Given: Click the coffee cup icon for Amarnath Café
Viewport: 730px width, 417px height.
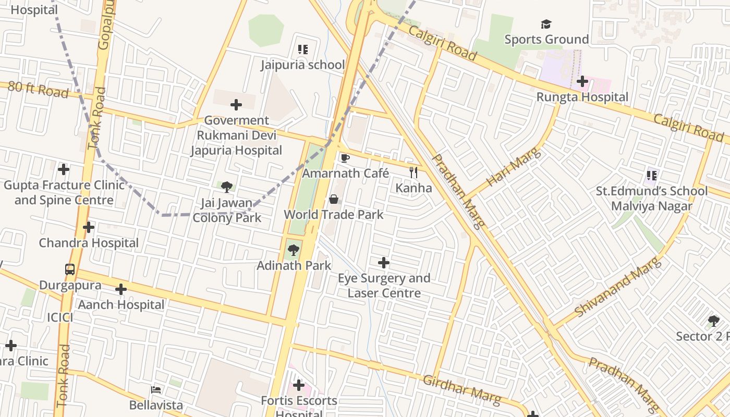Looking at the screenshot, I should click(344, 158).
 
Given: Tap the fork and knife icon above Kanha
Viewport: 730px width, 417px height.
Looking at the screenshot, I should click(413, 172).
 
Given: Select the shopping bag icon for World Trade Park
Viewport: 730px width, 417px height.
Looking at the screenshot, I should click(334, 199).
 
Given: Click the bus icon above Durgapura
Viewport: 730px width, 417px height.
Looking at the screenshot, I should click(70, 269).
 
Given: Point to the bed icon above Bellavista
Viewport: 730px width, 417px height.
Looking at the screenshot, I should click(156, 389).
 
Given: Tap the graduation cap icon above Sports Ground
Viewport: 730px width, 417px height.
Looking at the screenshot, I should click(546, 24).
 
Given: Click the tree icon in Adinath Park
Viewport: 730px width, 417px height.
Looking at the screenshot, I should click(294, 250).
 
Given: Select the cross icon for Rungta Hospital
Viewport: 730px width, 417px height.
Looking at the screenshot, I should click(582, 81).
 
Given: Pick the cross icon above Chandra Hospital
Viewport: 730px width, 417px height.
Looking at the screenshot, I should click(89, 227).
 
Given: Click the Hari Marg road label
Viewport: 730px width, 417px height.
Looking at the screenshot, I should click(514, 167).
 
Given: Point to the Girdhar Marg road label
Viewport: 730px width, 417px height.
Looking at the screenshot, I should click(461, 389).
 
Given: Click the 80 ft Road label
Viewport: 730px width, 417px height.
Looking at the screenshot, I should click(38, 89).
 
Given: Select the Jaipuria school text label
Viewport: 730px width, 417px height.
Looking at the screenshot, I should click(303, 65).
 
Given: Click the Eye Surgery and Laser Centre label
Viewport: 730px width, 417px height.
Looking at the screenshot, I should click(384, 286).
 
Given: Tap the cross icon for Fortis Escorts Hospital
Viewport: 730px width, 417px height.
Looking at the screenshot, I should click(299, 385).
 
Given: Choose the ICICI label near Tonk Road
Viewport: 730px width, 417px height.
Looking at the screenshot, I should click(60, 317).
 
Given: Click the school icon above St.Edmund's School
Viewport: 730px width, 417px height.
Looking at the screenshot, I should click(651, 175).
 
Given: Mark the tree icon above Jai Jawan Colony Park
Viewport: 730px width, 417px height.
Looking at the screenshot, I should click(227, 187).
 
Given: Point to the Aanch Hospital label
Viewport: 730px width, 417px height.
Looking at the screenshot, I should click(121, 304).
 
